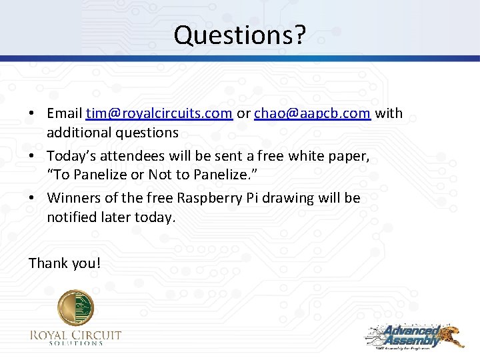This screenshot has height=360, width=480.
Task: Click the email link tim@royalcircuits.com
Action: coord(159,113)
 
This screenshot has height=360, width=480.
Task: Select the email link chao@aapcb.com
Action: coord(313,113)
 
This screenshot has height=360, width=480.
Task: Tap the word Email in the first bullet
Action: coord(65,113)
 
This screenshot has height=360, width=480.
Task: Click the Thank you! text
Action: coord(65,263)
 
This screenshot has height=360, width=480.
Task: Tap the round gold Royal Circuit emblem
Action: coord(75,308)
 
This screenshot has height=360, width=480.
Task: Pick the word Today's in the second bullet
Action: coord(71,156)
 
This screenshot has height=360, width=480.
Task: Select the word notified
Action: coord(69,217)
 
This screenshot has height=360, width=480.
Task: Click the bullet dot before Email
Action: coord(32,114)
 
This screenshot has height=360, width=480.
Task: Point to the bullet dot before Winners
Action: coord(32,199)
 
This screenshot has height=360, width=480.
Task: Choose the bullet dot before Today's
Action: coord(32,157)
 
